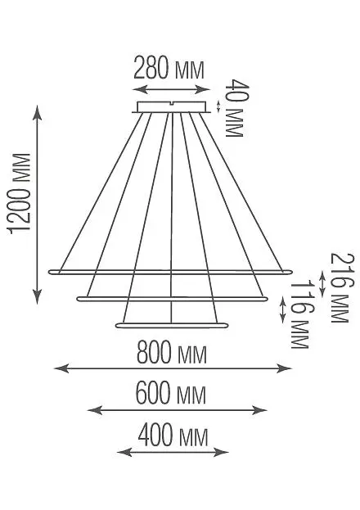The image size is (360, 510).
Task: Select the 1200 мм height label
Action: point(19,193)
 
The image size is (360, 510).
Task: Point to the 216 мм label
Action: point(340,287)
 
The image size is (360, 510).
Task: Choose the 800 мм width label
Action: point(171,352)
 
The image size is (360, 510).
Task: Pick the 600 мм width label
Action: point(170,393)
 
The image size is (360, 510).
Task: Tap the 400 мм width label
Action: point(173,436)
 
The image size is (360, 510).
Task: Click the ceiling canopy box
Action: point(171,107)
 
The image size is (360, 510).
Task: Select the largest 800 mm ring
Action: point(170,272)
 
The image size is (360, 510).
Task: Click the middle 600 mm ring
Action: point(173,298)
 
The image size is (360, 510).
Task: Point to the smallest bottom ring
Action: point(172,325)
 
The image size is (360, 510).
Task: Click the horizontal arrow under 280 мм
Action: point(172,89)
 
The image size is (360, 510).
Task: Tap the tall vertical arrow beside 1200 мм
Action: point(38,205)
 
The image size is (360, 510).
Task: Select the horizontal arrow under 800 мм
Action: point(173,368)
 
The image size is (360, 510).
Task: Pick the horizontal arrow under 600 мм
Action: point(178,410)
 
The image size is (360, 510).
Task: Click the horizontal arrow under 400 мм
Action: point(173,452)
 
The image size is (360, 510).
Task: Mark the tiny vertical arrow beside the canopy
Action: point(218,106)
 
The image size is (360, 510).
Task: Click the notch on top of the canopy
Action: point(171,103)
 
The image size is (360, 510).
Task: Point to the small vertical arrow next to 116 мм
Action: point(282,310)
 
